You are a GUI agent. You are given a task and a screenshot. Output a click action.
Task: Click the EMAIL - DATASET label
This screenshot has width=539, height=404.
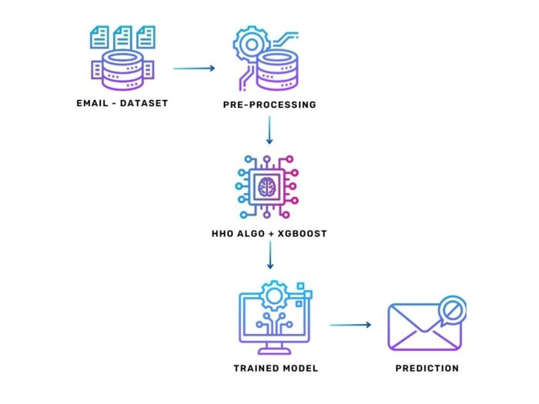pyautogui.click(x=124, y=103)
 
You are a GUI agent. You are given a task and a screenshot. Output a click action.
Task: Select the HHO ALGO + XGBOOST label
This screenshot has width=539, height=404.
pyautogui.click(x=269, y=233)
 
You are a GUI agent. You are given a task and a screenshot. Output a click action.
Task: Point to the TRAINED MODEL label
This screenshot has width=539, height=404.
pyautogui.click(x=276, y=369)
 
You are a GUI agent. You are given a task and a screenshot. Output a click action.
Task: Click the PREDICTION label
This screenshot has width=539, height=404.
pyautogui.click(x=427, y=369)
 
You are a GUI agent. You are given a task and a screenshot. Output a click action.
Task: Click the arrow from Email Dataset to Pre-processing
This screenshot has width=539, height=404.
pyautogui.click(x=194, y=68)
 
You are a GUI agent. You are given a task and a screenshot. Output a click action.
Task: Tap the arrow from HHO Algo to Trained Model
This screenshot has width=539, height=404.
pyautogui.click(x=269, y=256)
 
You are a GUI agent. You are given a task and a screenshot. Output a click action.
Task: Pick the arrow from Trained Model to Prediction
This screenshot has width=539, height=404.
pyautogui.click(x=351, y=325)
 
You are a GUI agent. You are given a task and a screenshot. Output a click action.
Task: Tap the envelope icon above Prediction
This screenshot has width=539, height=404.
pyautogui.click(x=422, y=326)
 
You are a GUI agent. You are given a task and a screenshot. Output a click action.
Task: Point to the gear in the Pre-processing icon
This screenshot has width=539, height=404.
pyautogui.click(x=249, y=45)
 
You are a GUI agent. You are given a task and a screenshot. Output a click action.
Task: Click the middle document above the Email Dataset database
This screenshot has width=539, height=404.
pyautogui.click(x=123, y=36)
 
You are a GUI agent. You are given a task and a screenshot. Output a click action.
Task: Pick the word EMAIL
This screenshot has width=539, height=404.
pyautogui.click(x=93, y=103)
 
